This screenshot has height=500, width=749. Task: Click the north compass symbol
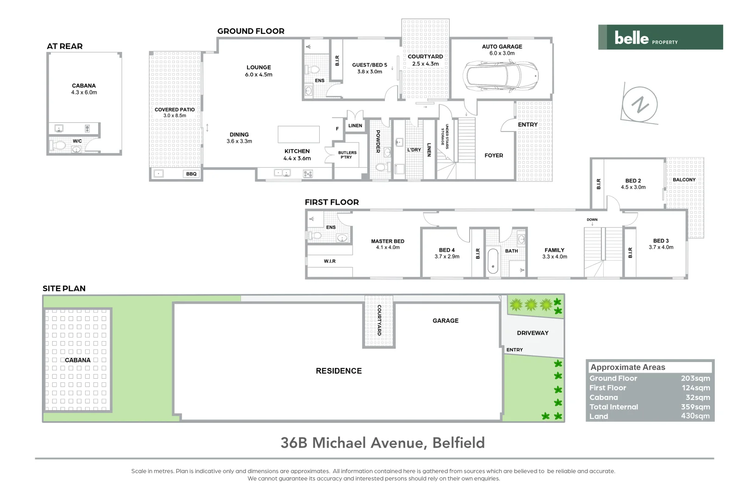pyautogui.click(x=640, y=105)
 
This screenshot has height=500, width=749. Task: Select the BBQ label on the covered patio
pyautogui.click(x=191, y=174)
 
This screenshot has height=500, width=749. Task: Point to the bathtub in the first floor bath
pyautogui.click(x=493, y=262)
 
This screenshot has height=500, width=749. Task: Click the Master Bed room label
pyautogui.click(x=388, y=241)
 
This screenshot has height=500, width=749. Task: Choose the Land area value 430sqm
pyautogui.click(x=695, y=416)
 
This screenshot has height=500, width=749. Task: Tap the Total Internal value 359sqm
pyautogui.click(x=695, y=407)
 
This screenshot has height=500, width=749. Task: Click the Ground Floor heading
pyautogui.click(x=251, y=31)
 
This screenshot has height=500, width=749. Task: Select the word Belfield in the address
pyautogui.click(x=458, y=443)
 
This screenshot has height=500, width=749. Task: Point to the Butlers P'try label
pyautogui.click(x=347, y=155)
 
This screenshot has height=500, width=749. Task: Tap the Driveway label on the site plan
pyautogui.click(x=532, y=333)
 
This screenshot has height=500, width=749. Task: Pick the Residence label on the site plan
pyautogui.click(x=339, y=371)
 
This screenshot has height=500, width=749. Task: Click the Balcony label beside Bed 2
pyautogui.click(x=684, y=180)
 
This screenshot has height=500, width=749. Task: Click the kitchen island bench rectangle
pyautogui.click(x=298, y=134)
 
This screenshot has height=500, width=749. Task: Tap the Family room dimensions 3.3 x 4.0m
pyautogui.click(x=554, y=257)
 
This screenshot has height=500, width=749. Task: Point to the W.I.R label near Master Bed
pyautogui.click(x=329, y=261)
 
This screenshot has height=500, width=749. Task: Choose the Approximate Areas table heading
pyautogui.click(x=627, y=367)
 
